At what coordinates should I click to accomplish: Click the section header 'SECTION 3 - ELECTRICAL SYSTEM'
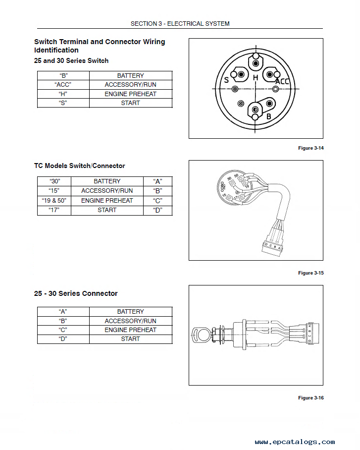click(180, 23)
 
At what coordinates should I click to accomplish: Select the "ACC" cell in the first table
click(63, 85)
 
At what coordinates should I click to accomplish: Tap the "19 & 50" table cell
click(54, 201)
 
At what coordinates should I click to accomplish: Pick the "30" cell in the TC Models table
click(54, 181)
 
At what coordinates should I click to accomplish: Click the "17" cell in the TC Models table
click(54, 210)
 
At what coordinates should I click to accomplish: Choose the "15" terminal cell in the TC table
click(54, 191)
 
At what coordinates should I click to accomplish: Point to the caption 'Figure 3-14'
click(310, 148)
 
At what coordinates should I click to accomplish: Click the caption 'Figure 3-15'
click(310, 273)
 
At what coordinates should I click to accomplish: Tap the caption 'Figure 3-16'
click(310, 398)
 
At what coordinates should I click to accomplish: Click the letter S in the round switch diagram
click(226, 80)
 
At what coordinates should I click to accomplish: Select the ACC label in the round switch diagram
click(282, 81)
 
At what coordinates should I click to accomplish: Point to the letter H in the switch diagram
click(256, 78)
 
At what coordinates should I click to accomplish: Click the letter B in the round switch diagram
click(269, 116)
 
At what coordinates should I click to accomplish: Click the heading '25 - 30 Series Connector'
click(76, 293)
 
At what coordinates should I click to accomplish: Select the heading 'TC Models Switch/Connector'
click(79, 166)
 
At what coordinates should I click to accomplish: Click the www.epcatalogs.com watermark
click(295, 442)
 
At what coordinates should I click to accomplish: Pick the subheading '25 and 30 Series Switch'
click(71, 60)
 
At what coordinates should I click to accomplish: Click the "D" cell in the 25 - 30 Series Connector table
click(63, 339)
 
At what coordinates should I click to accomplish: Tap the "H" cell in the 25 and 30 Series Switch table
click(63, 94)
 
